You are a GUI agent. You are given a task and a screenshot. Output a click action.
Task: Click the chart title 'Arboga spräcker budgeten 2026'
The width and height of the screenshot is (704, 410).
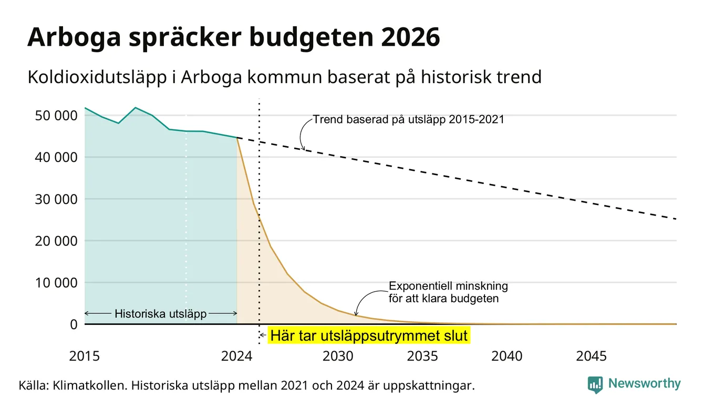[233, 37]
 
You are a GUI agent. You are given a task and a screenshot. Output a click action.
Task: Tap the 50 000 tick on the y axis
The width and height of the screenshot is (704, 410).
[56, 116]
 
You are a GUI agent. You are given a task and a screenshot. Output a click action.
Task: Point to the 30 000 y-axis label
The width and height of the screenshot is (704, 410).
[56, 199]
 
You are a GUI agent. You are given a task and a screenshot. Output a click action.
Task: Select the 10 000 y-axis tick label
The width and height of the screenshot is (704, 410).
[56, 283]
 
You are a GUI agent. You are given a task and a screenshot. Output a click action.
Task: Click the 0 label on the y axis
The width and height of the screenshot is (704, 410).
[74, 324]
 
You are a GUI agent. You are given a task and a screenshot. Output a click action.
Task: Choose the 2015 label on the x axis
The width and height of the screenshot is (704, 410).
[84, 356]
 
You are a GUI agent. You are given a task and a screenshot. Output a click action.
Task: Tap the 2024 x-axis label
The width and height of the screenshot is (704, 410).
[236, 356]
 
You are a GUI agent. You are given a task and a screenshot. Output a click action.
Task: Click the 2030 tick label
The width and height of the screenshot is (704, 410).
[338, 356]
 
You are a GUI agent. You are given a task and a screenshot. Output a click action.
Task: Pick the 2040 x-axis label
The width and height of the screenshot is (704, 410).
[506, 356]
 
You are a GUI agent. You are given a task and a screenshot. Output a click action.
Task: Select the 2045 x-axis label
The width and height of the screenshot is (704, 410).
[591, 356]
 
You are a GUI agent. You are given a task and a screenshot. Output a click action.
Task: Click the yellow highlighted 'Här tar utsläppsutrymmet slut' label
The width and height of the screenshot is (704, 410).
[369, 335]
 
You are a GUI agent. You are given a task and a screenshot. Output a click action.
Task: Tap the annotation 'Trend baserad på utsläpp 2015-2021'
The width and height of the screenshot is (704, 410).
[408, 120]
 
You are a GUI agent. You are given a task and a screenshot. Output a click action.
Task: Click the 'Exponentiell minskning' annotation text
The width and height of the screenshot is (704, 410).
[448, 286]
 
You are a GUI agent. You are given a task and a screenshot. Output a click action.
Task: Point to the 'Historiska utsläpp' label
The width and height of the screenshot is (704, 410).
[160, 314]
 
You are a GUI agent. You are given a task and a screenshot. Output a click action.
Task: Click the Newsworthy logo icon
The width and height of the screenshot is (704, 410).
[595, 385]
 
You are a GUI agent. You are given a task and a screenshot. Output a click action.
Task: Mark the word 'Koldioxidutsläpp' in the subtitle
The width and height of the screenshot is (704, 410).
[97, 78]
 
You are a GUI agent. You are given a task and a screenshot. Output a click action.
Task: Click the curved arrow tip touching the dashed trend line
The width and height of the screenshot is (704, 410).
[304, 150]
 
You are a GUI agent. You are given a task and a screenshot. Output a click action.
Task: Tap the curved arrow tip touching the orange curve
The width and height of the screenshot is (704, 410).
[356, 315]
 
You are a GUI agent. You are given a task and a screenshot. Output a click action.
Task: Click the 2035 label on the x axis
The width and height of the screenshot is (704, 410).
[422, 356]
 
